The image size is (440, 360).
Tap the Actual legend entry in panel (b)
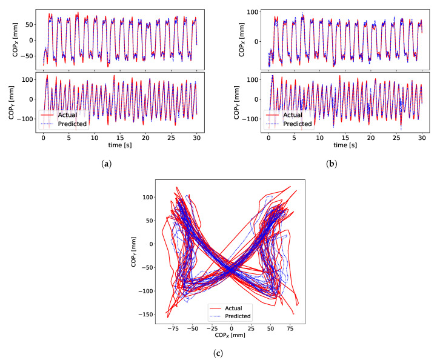tap(294, 115)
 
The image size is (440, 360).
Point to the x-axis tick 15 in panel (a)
tap(120, 138)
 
